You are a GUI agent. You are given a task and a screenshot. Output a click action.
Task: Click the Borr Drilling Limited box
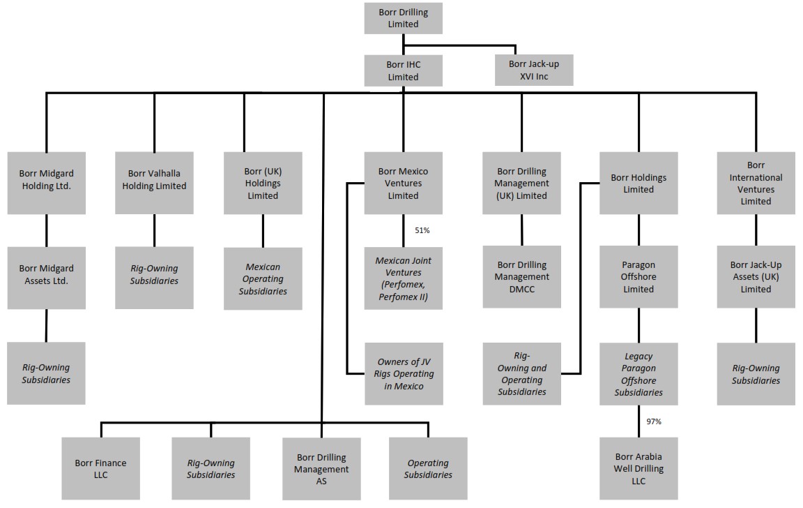(403, 18)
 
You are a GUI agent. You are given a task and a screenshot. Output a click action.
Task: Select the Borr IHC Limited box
(403, 70)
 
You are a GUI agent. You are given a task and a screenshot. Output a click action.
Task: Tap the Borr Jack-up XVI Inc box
(533, 70)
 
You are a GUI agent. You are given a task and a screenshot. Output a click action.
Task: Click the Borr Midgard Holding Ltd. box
(46, 183)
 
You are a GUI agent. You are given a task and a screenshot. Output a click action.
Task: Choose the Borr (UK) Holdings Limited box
(263, 183)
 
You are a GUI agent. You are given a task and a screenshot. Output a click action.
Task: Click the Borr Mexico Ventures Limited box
(403, 183)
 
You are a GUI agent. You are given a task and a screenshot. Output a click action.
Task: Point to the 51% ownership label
(422, 230)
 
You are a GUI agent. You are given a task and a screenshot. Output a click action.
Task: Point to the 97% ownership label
(653, 421)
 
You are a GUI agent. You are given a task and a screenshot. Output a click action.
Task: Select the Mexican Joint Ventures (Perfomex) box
(403, 278)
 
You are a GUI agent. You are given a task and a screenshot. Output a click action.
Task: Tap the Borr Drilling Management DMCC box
(521, 277)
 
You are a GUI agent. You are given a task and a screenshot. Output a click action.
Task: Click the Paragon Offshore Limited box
(638, 277)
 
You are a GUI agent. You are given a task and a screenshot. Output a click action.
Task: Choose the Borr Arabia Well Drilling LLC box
(638, 469)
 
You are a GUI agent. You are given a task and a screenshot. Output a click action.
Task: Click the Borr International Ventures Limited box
(756, 183)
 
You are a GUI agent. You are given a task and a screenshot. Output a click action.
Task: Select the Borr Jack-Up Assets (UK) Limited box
(756, 277)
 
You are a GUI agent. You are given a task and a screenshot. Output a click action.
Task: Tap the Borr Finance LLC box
(100, 469)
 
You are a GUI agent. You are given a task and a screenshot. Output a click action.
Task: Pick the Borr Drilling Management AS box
(321, 469)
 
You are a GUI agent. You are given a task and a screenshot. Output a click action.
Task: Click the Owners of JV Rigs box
(403, 374)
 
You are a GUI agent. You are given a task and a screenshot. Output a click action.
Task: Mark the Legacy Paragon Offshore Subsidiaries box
(638, 374)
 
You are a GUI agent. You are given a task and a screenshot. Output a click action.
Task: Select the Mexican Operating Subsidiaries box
(263, 278)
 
